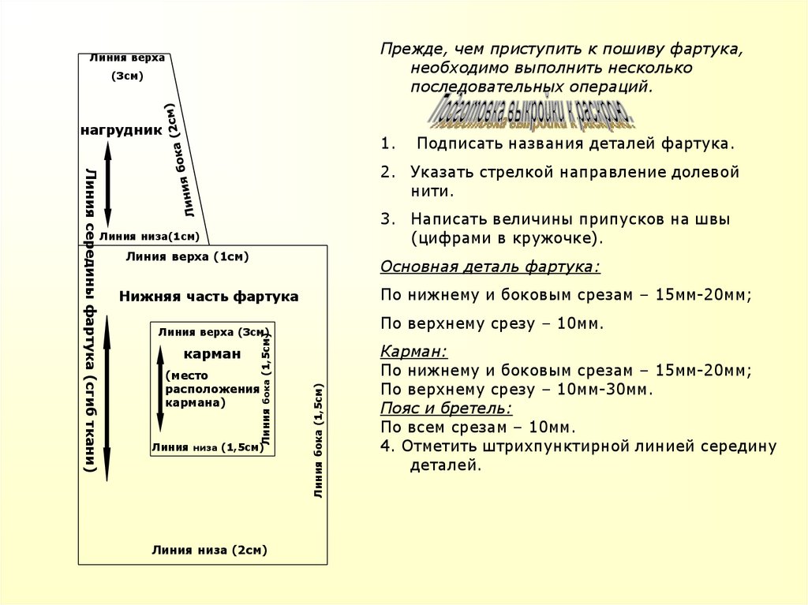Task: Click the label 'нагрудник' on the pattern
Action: [x=121, y=129]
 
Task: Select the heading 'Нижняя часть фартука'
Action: [x=209, y=297]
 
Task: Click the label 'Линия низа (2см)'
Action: [x=210, y=551]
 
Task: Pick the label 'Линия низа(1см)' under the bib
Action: [x=148, y=236]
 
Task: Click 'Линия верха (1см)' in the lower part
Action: [x=187, y=256]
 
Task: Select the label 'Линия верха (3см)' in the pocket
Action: [x=213, y=332]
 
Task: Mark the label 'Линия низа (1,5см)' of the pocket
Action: [x=207, y=447]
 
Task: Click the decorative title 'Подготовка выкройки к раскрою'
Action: [x=532, y=114]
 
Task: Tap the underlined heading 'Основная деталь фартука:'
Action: [x=490, y=267]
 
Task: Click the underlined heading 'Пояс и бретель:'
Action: [x=446, y=409]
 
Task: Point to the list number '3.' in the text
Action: [x=386, y=218]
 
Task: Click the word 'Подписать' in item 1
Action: [x=458, y=144]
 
